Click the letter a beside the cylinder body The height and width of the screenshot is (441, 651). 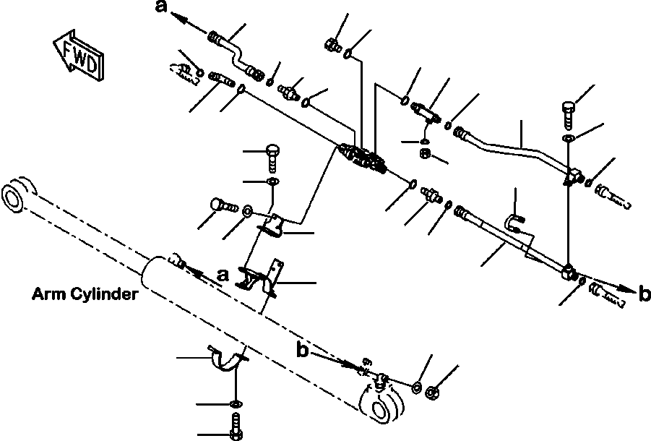tap(223, 275)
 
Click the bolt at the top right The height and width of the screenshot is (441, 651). tap(568, 111)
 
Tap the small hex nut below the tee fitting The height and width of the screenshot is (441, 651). tap(426, 153)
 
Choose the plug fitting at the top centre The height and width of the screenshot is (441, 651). tap(332, 44)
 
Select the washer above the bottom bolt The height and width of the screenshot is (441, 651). tap(236, 402)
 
